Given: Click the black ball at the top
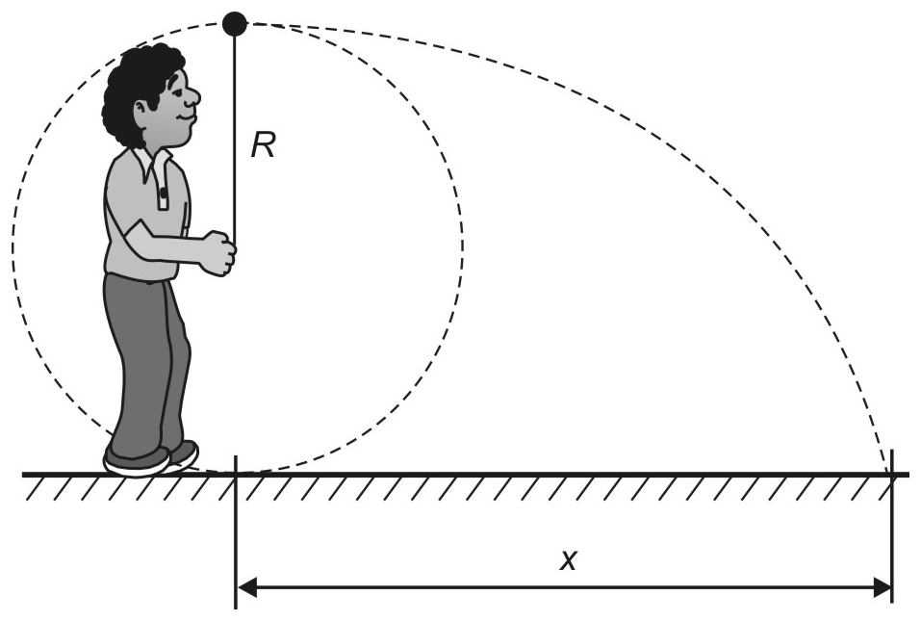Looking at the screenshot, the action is [235, 23].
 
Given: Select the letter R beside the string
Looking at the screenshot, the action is [263, 145].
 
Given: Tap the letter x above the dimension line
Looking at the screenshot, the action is [568, 560].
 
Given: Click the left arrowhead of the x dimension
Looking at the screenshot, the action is [246, 587].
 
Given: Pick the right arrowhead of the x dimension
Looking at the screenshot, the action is [882, 587].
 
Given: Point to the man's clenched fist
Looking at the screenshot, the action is [219, 253].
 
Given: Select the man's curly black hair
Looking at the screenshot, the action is [137, 89].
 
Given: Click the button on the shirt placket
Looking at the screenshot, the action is [164, 193].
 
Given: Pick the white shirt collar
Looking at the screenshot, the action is [154, 164].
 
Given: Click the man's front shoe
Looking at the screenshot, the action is [137, 461].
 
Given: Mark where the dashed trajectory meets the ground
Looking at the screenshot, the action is [888, 474].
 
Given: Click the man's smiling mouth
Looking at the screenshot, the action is [186, 116].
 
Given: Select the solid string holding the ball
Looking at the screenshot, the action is [235, 138].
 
